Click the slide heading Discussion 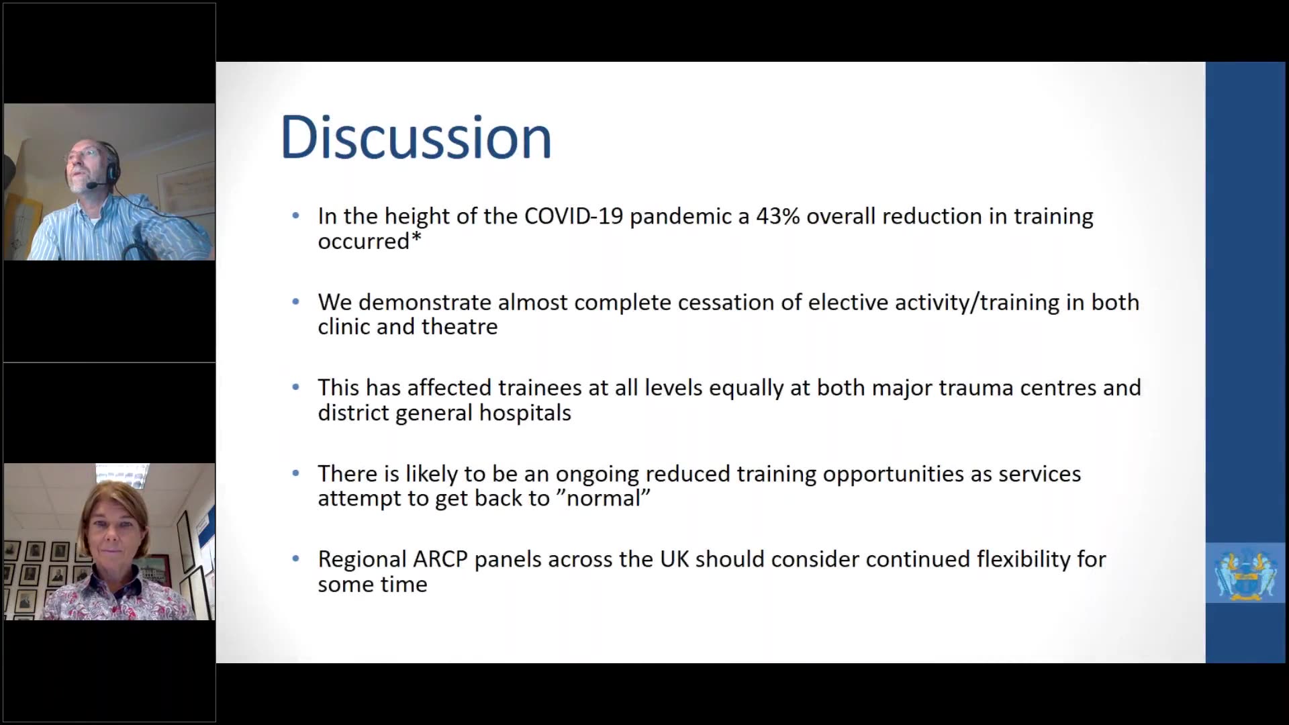coord(416,138)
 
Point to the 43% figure coord(778,216)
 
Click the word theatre coord(463,327)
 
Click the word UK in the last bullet coord(675,559)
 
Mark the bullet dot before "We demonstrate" coord(296,301)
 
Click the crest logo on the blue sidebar coord(1245,573)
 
